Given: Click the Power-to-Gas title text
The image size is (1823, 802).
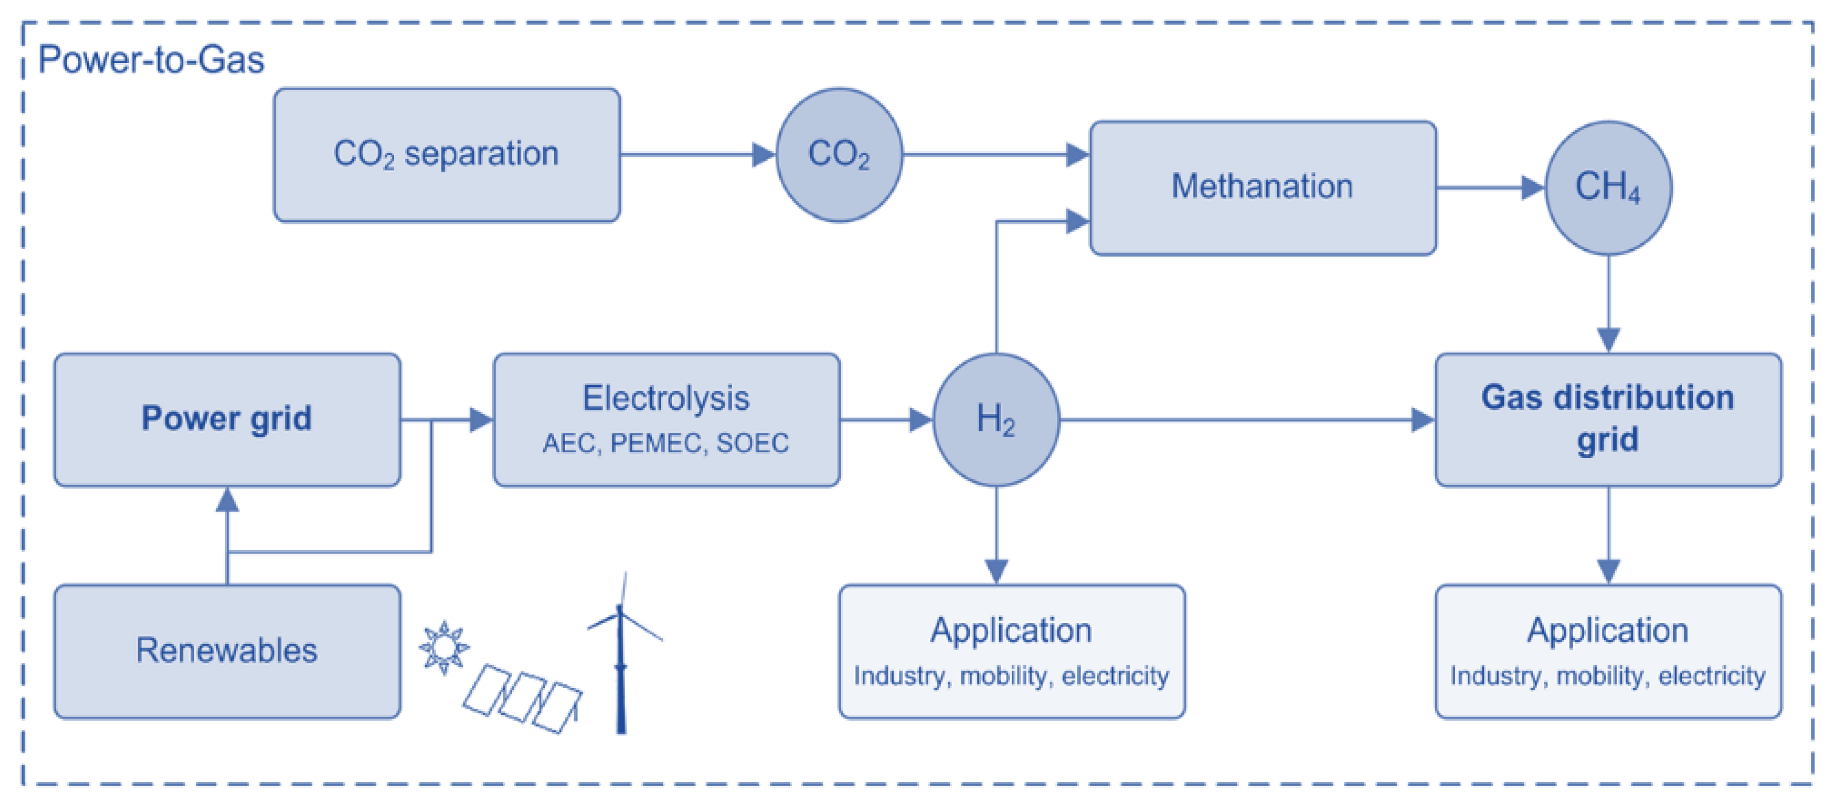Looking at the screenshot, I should [x=151, y=60].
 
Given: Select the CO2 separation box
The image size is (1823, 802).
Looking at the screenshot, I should [x=446, y=155].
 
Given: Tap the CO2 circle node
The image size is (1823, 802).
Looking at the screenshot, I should [x=839, y=155].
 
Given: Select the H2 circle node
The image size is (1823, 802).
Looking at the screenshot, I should [x=996, y=420].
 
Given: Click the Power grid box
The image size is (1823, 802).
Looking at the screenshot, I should [x=227, y=420].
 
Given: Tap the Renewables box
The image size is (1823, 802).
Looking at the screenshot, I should [x=227, y=651].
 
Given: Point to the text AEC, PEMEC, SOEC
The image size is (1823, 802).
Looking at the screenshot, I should [x=665, y=444].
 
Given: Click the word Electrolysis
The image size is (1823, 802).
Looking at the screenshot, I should [x=665, y=398].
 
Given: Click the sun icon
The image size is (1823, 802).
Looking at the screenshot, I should [x=444, y=647].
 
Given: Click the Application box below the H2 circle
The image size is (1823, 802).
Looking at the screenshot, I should [x=1011, y=651].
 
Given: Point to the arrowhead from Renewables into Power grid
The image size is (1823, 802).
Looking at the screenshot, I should [x=227, y=500].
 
